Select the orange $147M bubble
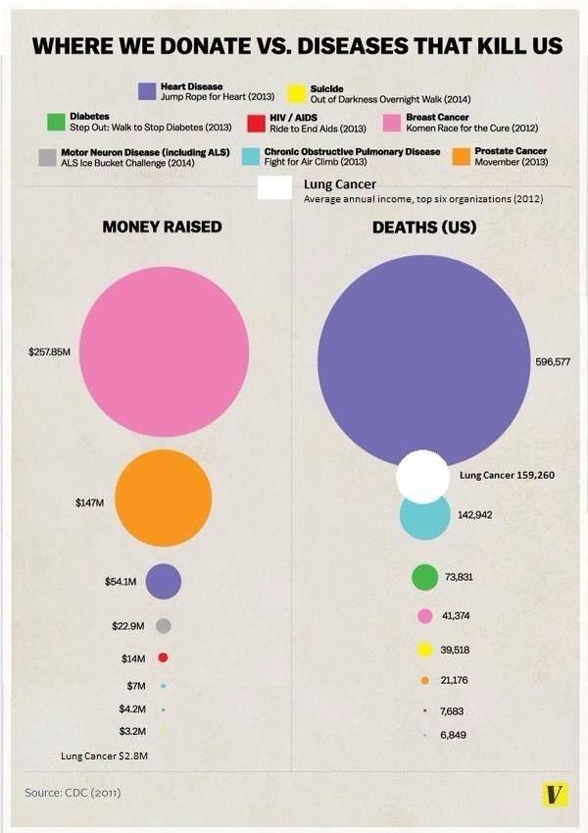(x=164, y=497)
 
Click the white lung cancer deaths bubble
(x=422, y=477)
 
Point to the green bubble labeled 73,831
(x=424, y=578)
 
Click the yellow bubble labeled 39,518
(x=425, y=650)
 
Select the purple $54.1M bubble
(x=164, y=581)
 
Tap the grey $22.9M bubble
(x=164, y=626)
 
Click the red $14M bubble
(x=164, y=657)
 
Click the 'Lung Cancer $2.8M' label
(x=104, y=756)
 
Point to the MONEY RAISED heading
(x=163, y=228)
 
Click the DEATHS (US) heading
(x=424, y=228)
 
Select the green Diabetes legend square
(x=56, y=123)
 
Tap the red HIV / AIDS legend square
(x=257, y=123)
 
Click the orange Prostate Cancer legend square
(x=461, y=156)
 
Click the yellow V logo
(x=555, y=794)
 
